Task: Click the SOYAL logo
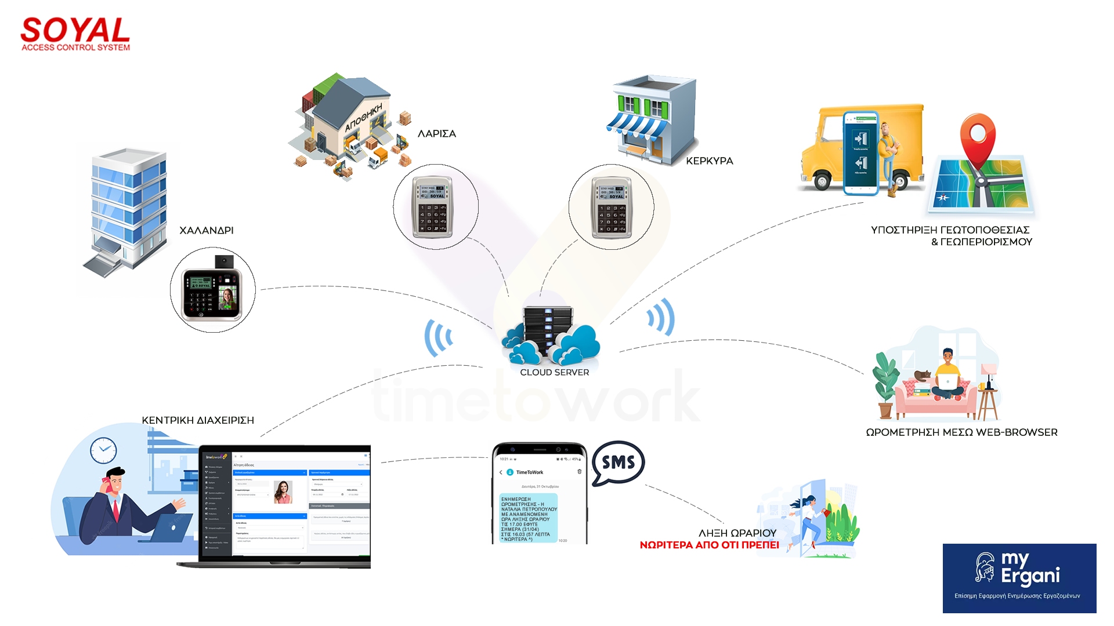click(75, 34)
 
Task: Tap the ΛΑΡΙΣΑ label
click(437, 134)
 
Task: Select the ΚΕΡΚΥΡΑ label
click(709, 161)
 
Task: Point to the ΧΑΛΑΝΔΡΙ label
click(207, 231)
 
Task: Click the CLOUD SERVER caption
click(554, 373)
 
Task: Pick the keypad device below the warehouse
click(435, 207)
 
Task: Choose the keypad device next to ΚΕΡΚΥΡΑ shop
click(611, 207)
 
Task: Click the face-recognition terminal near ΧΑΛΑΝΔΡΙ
click(212, 292)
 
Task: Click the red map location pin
click(978, 139)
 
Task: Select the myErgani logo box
click(1019, 578)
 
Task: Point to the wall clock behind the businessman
click(103, 450)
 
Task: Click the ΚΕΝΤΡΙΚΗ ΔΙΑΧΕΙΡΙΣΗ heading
click(198, 420)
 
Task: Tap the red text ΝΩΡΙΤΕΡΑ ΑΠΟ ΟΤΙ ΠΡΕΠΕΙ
click(709, 545)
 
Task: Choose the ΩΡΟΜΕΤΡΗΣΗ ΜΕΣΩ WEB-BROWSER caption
click(961, 432)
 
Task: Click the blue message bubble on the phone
click(528, 518)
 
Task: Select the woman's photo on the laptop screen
click(283, 492)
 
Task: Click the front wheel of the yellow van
click(822, 181)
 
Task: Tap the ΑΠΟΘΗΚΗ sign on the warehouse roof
click(364, 118)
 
